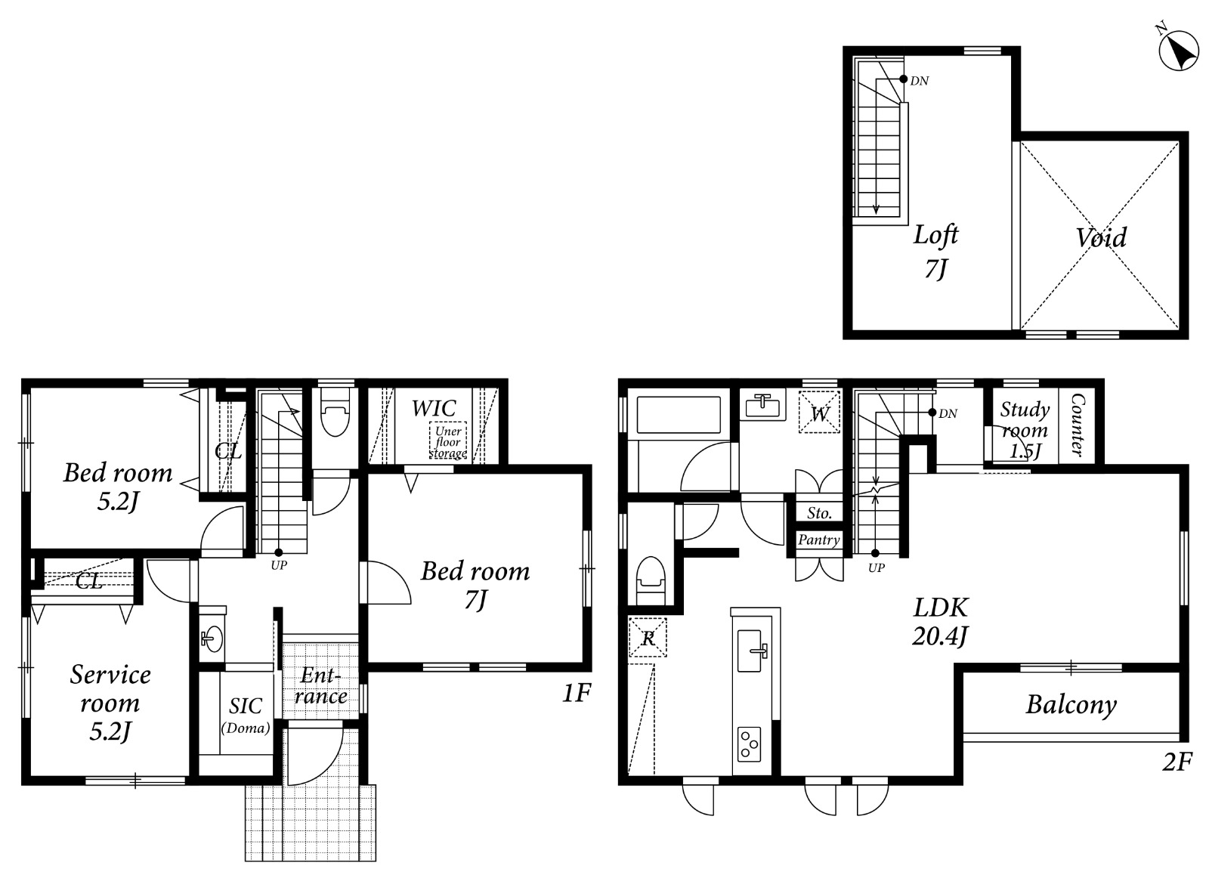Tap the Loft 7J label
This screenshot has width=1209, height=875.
[x=935, y=252]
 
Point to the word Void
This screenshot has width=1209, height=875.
[x=1101, y=237]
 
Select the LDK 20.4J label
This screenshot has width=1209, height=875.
[x=940, y=622]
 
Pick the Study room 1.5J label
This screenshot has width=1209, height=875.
[x=1025, y=430]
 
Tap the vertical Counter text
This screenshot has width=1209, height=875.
[x=1078, y=425]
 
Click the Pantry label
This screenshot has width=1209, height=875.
[x=819, y=540]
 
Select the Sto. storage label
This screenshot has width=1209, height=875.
[x=819, y=513]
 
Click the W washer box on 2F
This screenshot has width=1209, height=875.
[x=819, y=413]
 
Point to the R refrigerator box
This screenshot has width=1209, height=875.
[x=648, y=638]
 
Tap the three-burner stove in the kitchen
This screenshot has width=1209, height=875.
[x=749, y=744]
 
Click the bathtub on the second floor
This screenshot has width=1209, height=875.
[x=679, y=415]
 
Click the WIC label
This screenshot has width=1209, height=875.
[x=434, y=409]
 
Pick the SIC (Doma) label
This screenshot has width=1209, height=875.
[x=246, y=716]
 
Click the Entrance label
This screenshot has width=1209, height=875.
[x=320, y=686]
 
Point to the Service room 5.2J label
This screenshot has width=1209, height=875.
[x=110, y=703]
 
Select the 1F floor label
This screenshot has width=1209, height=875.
[x=577, y=693]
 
